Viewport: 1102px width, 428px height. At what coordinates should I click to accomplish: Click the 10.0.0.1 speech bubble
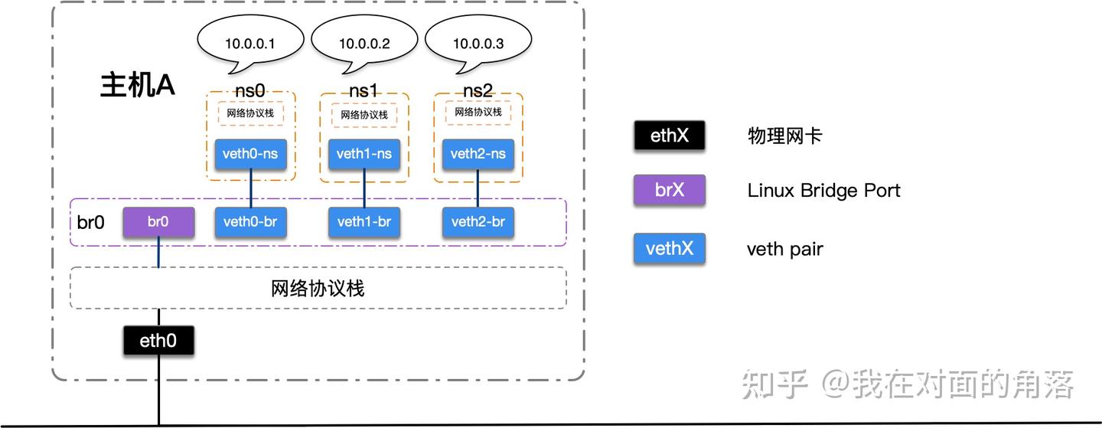coord(248,44)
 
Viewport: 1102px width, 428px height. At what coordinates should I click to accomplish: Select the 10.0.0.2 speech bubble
coord(364,44)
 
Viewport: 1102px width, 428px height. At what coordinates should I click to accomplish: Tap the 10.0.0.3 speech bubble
coord(478,44)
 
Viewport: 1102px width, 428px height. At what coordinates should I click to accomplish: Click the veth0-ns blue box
coord(250,154)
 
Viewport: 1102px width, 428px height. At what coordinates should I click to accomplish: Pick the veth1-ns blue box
coord(364,154)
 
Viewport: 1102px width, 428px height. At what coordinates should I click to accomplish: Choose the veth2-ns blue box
coord(478,154)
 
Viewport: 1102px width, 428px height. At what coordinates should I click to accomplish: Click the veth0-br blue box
coord(250,222)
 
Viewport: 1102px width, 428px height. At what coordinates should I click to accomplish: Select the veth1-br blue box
coord(364,222)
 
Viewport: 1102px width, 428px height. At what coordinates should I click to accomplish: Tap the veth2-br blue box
coord(478,222)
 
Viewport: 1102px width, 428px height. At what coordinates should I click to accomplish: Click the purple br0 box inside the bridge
coord(158,222)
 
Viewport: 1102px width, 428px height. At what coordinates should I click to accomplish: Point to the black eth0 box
coord(158,341)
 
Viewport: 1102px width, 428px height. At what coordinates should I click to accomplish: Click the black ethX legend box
coord(669,137)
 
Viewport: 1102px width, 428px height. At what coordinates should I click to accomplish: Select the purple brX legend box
coord(669,190)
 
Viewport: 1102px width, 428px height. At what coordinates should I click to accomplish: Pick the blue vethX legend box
coord(669,249)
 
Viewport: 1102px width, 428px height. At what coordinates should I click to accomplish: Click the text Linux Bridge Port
coord(823,190)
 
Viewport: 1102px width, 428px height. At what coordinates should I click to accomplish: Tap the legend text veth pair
coord(785,249)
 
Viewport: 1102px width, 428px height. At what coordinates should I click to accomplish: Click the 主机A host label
coord(138,86)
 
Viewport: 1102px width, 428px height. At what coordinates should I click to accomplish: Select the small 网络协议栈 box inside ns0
coord(250,114)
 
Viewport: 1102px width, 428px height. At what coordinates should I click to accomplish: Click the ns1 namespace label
coord(364,90)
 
